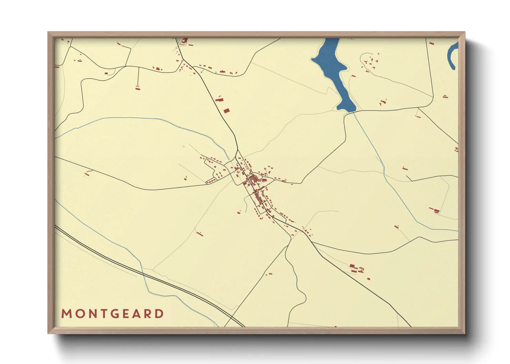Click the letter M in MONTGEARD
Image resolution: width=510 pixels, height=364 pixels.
tap(66, 314)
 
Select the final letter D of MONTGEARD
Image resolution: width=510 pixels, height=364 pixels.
tap(159, 314)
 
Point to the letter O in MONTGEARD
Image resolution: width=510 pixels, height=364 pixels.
tap(78, 314)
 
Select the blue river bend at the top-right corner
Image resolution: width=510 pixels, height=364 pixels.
tap(452, 55)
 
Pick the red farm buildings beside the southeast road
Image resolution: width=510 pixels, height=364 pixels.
tap(356, 268)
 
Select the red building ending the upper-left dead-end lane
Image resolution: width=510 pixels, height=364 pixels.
tap(137, 88)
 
